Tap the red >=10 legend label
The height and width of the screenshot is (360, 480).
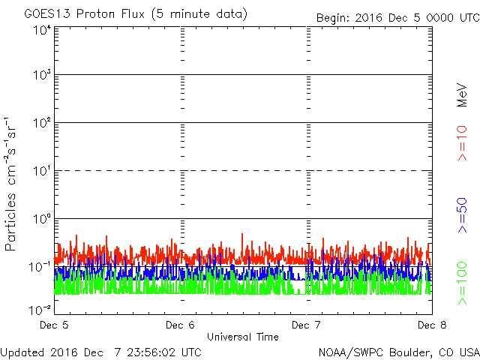(x=463, y=143)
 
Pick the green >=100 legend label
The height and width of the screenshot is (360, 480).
(x=463, y=282)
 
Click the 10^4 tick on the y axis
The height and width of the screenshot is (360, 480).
(x=41, y=30)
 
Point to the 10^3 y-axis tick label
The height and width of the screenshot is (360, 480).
(x=41, y=75)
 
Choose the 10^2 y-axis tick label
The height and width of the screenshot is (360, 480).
(x=41, y=123)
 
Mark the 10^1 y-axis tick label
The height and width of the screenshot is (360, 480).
(x=41, y=171)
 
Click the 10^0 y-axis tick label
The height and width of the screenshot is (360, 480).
(x=41, y=219)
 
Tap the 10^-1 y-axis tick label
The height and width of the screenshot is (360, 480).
(x=40, y=267)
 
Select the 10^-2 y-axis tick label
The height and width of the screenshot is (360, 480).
(x=40, y=309)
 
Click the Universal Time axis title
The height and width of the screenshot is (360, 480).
(x=242, y=337)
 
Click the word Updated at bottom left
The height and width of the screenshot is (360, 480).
(x=23, y=351)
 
